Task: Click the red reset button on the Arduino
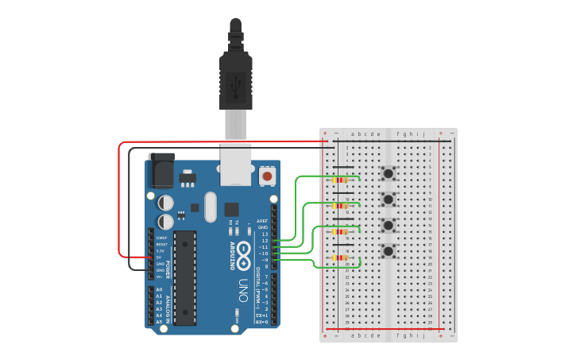(x=268, y=175)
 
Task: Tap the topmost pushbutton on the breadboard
(x=389, y=174)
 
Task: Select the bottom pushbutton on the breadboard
(x=389, y=252)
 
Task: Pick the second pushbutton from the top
(x=389, y=199)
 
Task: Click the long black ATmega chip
(x=184, y=277)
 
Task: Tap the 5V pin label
(x=160, y=257)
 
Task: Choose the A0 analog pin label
(x=159, y=289)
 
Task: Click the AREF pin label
(x=263, y=222)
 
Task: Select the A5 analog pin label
(x=159, y=321)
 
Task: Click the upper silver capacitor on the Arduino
(x=165, y=203)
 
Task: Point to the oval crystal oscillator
(x=210, y=207)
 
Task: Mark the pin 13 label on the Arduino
(x=265, y=234)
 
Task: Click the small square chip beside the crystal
(x=231, y=210)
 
